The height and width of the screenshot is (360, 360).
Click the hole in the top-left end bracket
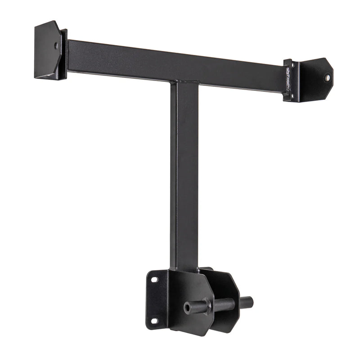pos(56,45)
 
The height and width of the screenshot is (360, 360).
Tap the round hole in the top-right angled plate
pos(328,77)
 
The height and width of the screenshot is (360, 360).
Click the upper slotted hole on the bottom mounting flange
pos(154,279)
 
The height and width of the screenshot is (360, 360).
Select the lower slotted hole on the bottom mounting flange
pos(154,321)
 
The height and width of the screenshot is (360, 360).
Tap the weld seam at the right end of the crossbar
pos(287,79)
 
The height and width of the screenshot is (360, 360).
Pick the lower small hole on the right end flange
pos(292,95)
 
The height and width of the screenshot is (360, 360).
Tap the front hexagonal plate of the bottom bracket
pos(189,292)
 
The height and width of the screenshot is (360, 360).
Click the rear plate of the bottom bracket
pos(227,288)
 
